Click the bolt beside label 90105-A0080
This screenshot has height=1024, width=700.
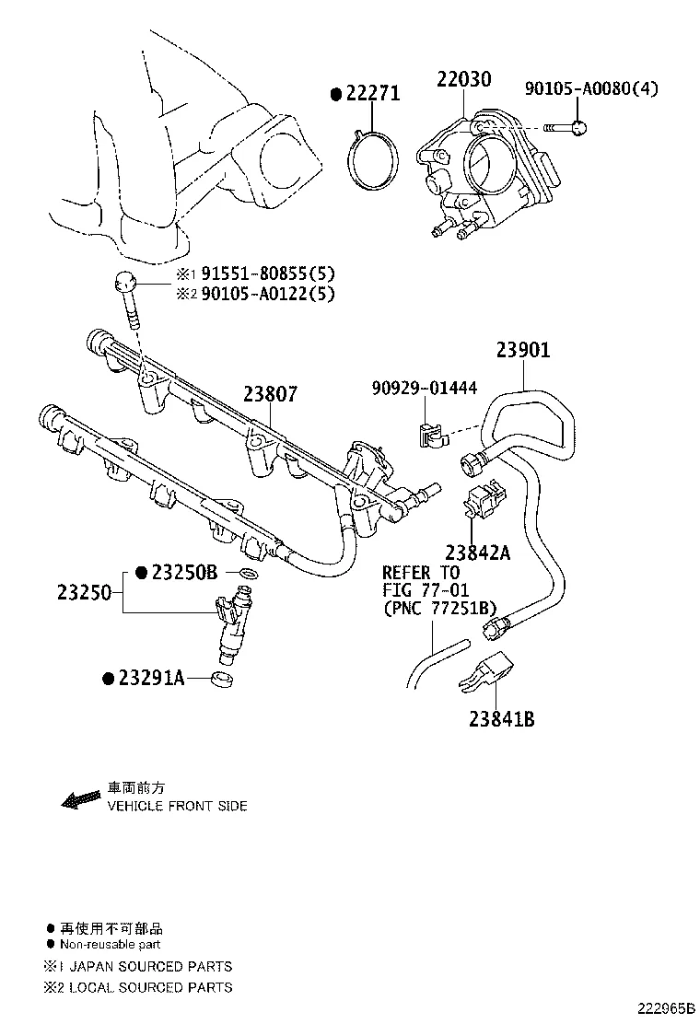566,126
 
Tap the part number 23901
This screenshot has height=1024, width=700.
522,351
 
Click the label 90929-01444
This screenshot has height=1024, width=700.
425,389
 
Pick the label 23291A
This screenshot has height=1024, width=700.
151,679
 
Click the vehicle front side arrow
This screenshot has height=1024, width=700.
80,797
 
